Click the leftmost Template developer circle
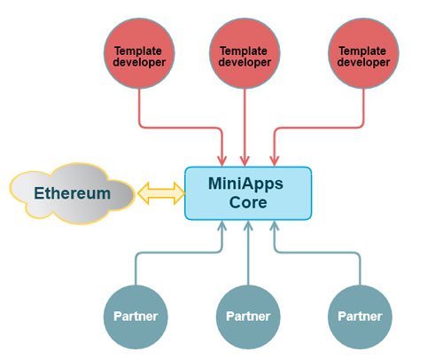(x=139, y=53)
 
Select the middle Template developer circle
(x=245, y=53)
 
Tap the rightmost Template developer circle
(x=363, y=53)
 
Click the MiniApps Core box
(x=248, y=193)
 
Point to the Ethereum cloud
(x=73, y=193)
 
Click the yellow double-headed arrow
(x=161, y=193)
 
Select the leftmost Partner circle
(x=136, y=317)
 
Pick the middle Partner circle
(x=248, y=317)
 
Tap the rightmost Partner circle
(x=360, y=317)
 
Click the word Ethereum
(x=73, y=193)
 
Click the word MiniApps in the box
(x=245, y=184)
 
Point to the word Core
(x=248, y=202)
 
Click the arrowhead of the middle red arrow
(x=245, y=161)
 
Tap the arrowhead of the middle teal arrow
(x=248, y=226)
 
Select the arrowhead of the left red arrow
(x=222, y=161)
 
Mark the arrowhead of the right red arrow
(x=275, y=161)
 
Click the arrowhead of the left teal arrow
(x=222, y=226)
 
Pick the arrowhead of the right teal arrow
(x=275, y=226)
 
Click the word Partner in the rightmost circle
(x=360, y=317)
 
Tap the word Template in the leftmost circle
(x=138, y=51)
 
